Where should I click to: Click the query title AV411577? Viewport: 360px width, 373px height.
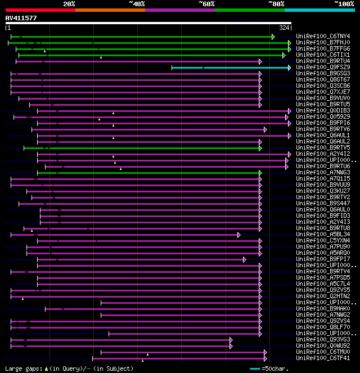21,18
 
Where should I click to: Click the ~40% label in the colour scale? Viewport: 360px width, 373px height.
137,4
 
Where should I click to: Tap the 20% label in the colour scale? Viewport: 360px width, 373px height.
69,4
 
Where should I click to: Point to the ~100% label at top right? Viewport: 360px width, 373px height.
344,4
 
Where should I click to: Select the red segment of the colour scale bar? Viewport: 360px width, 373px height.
40,10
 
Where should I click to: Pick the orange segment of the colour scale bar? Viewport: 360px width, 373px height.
110,10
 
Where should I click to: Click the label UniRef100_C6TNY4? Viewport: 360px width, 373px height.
323,37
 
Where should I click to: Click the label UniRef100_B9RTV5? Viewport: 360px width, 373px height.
323,148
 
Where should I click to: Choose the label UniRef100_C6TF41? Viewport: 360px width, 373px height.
323,358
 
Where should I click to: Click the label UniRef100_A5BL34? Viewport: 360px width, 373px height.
323,235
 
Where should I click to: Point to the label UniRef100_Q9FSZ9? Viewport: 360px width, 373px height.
323,68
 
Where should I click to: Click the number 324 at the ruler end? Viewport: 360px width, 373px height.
284,28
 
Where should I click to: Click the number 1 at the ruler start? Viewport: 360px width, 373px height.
8,28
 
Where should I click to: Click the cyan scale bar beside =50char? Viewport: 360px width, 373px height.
255,368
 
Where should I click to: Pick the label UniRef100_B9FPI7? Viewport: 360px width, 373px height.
323,259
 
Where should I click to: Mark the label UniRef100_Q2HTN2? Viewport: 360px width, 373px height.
323,296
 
